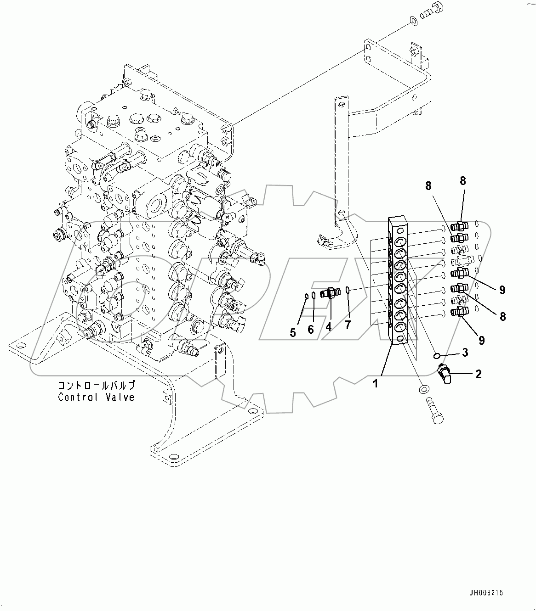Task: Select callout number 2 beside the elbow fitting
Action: (x=478, y=374)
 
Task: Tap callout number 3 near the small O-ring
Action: (x=465, y=353)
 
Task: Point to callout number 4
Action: (x=329, y=326)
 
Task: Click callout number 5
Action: (x=293, y=333)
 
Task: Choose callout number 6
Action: (x=311, y=329)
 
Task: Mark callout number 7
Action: (x=348, y=325)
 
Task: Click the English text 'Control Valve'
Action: (x=96, y=397)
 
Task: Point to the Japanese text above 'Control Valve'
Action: (x=96, y=385)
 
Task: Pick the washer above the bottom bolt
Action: (x=423, y=389)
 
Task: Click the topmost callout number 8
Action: (x=462, y=181)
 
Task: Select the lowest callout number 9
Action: (x=481, y=340)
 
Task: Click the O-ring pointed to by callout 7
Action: (x=348, y=290)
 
